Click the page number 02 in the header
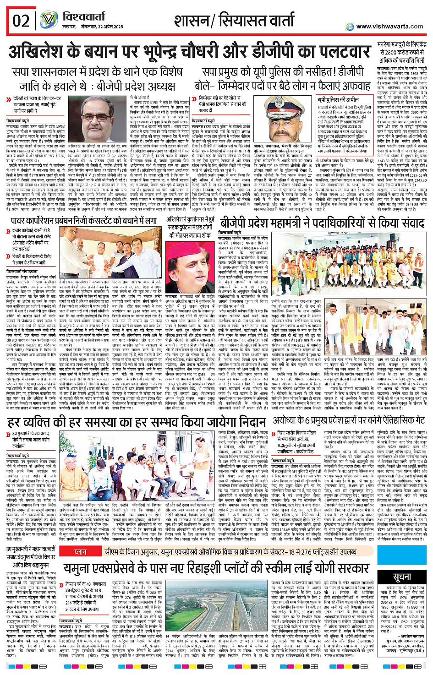pos(21,21)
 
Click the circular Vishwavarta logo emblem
pos(49,21)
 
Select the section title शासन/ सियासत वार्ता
pos(234,21)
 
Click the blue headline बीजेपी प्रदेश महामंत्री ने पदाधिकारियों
pos(322,223)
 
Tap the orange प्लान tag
pos(81,552)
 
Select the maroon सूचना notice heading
pos(402,577)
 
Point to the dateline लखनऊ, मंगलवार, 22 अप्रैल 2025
pos(93,27)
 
